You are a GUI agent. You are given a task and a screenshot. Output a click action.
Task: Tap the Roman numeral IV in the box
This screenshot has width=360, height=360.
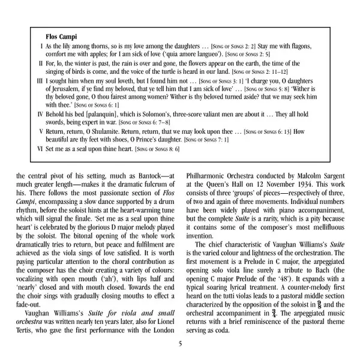pyautogui.click(x=40, y=113)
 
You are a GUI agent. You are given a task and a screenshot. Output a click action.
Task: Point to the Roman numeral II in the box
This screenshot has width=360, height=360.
pyautogui.click(x=40, y=62)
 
